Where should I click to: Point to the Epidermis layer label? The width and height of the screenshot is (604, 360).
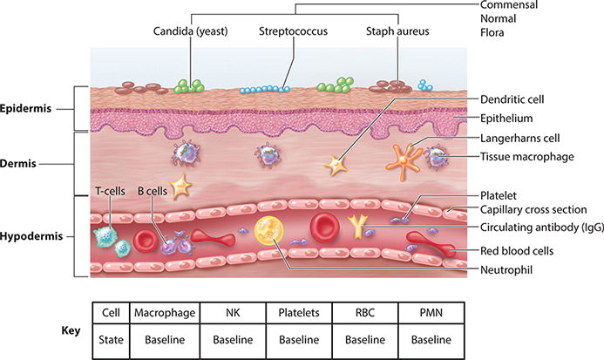[28, 109]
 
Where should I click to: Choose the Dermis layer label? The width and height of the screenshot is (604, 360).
[22, 163]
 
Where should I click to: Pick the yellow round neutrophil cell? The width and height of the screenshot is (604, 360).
[269, 231]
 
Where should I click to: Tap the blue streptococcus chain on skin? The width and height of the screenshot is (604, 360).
[264, 89]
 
